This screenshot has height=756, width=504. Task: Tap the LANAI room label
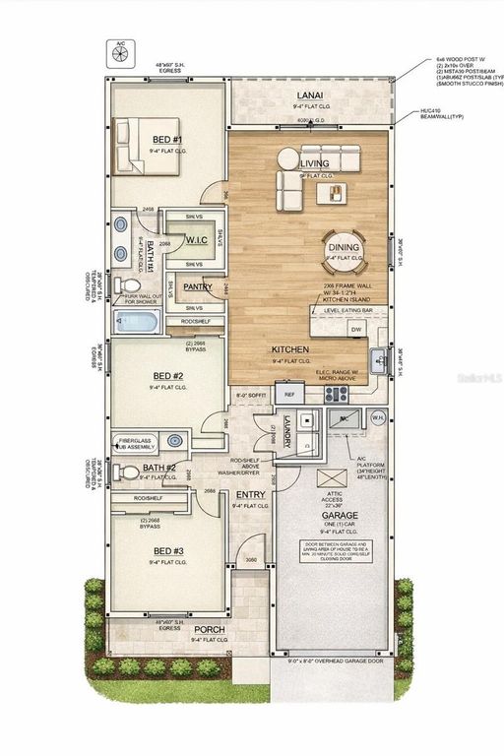[x=310, y=95]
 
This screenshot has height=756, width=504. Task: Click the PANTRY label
[x=198, y=287]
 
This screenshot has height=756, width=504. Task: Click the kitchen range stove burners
[x=338, y=394]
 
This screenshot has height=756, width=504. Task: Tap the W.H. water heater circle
[x=377, y=416]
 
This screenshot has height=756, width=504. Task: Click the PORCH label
[x=209, y=629]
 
